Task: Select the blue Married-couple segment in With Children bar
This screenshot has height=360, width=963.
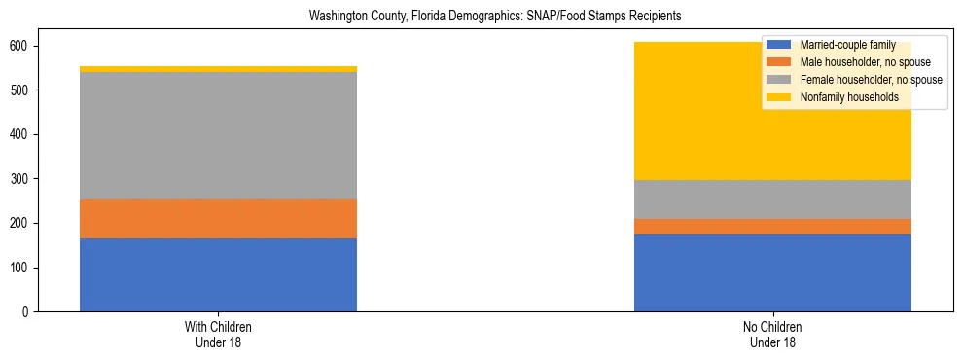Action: (x=218, y=274)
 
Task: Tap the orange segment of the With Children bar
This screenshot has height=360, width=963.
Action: (x=218, y=219)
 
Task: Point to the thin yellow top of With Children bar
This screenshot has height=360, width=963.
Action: (x=218, y=69)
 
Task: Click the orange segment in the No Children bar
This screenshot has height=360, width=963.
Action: (x=772, y=227)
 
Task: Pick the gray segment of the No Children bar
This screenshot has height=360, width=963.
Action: (x=772, y=199)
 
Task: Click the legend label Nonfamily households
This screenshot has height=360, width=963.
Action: (x=842, y=97)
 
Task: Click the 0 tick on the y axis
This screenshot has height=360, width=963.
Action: (x=27, y=311)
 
